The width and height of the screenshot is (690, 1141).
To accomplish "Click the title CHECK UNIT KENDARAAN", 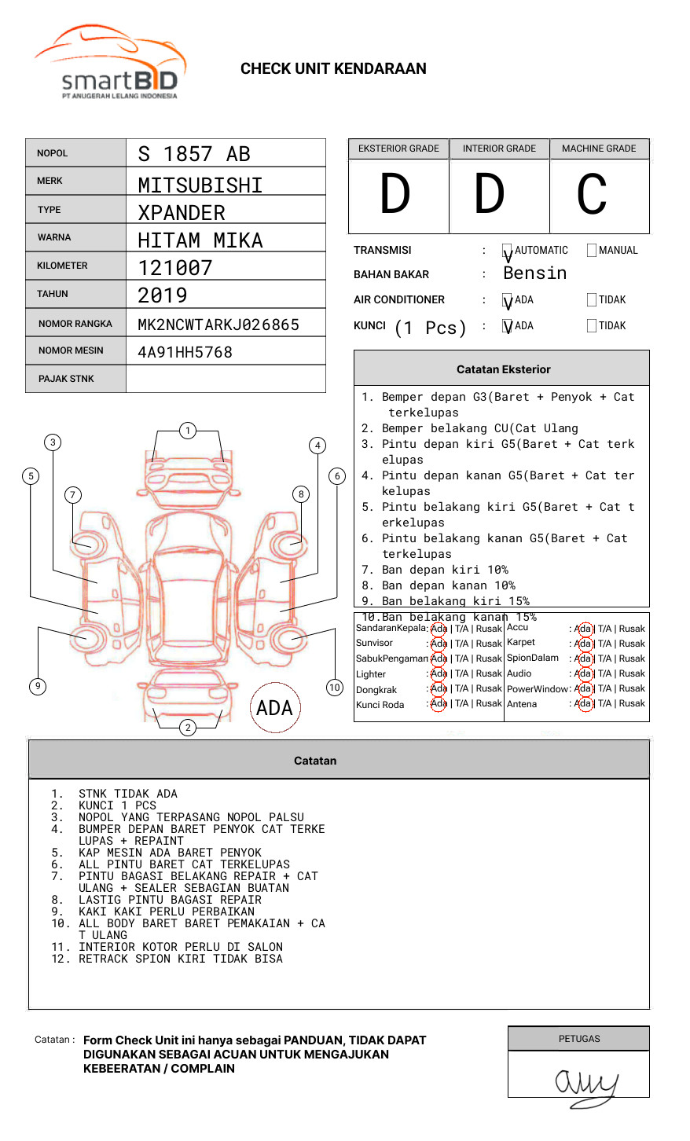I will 333,69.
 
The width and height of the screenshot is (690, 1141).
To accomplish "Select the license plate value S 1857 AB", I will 194,154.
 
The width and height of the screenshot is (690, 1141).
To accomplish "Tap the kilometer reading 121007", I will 175,268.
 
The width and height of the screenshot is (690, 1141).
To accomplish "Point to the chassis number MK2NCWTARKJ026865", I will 218,325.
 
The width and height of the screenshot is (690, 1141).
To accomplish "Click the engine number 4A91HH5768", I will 185,352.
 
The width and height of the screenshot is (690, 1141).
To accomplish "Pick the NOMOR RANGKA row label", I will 75,324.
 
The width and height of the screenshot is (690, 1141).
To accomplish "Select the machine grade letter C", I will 592,195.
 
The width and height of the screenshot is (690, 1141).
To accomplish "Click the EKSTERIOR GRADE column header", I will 398,149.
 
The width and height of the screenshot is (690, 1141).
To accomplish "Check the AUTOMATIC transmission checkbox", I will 508,251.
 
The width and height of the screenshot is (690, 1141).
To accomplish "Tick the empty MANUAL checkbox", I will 592,251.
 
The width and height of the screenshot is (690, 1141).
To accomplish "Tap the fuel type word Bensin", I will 534,273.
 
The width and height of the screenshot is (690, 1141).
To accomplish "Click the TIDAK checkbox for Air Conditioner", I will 592,300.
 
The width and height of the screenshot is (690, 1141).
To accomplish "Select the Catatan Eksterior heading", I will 503,369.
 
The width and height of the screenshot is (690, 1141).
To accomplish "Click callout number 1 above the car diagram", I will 187,431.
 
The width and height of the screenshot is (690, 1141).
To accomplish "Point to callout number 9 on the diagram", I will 38,686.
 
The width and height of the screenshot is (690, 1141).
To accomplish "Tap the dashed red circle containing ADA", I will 274,708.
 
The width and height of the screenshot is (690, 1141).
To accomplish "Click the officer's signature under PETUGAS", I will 586,1085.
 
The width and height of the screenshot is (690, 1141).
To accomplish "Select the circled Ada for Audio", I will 583,673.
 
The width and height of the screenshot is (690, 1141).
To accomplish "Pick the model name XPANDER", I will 182,213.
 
